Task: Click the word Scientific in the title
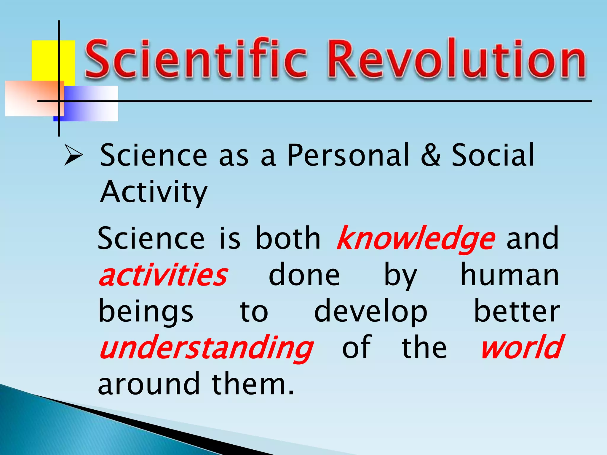coord(196,59)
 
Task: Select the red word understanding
coord(206,348)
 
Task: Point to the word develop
coord(371,313)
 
